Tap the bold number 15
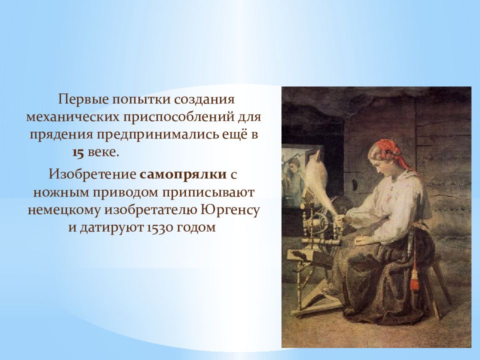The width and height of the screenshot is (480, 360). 78,153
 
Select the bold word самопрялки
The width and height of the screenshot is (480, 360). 183,175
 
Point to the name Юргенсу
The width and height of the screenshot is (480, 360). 230,210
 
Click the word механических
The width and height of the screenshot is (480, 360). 72,117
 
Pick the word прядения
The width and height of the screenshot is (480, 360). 61,135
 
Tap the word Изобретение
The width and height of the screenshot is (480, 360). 92,175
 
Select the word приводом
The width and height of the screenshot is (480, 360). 128,193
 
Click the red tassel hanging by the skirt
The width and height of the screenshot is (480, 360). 415,279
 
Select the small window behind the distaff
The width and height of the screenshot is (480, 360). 293,176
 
